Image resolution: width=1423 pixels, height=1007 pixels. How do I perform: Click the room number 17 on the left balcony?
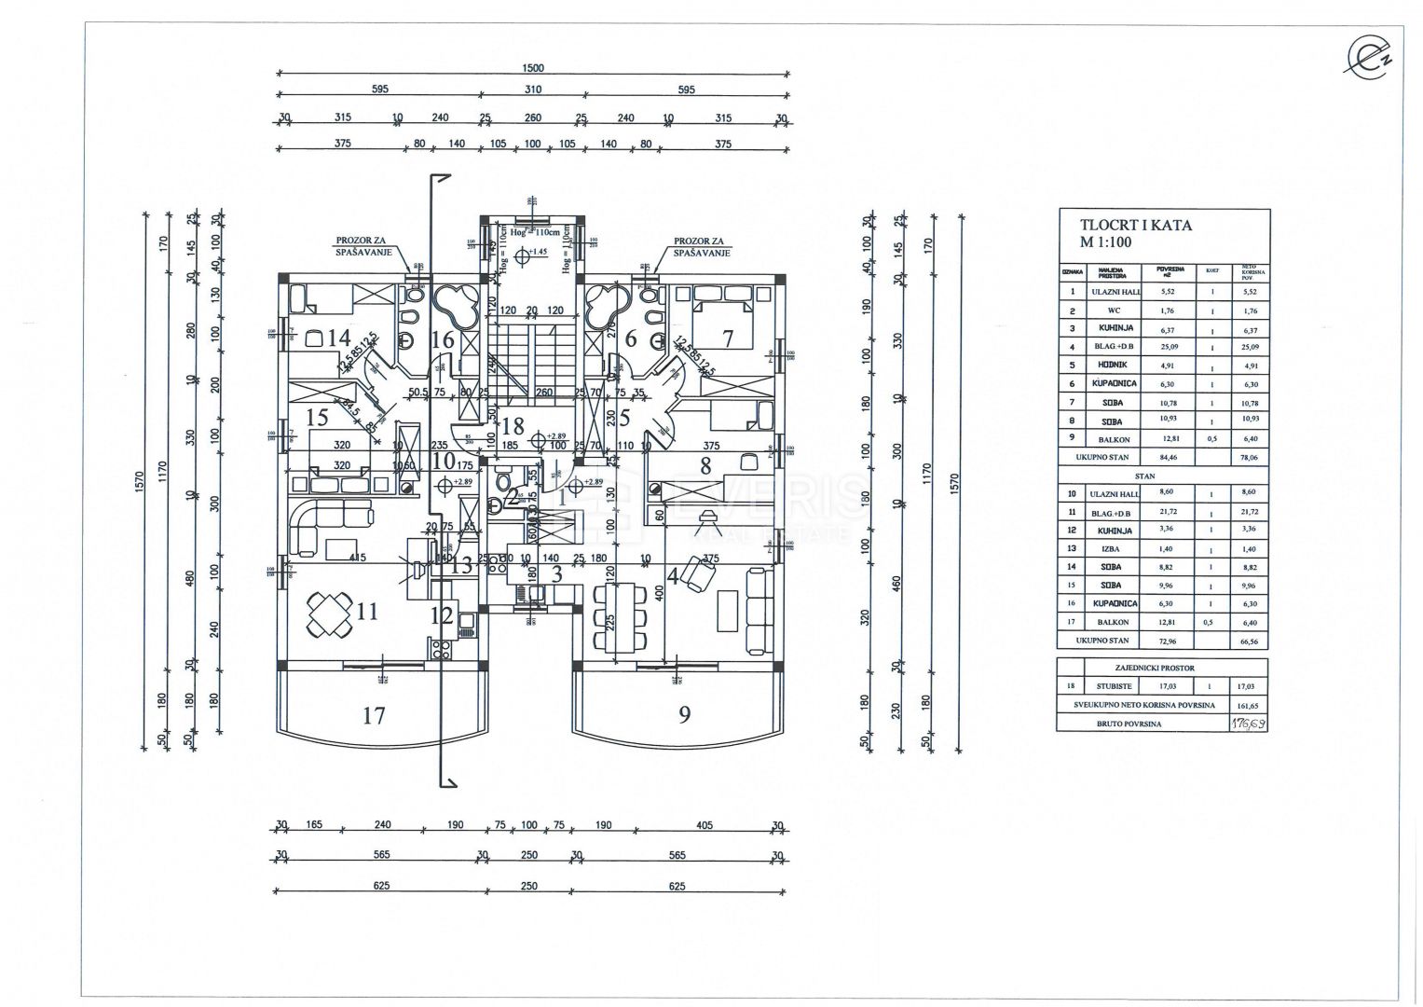pyautogui.click(x=374, y=716)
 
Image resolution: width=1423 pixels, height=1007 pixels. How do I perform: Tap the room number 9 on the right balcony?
pyautogui.click(x=684, y=715)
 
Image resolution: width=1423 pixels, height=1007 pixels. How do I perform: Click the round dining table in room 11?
pyautogui.click(x=329, y=615)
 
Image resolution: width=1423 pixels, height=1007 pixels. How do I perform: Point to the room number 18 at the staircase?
pyautogui.click(x=512, y=427)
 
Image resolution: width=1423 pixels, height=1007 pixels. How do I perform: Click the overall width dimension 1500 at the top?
pyautogui.click(x=532, y=67)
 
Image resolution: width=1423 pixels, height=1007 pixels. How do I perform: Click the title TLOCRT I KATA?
pyautogui.click(x=1135, y=225)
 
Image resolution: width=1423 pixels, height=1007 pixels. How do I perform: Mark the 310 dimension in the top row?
pyautogui.click(x=532, y=90)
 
